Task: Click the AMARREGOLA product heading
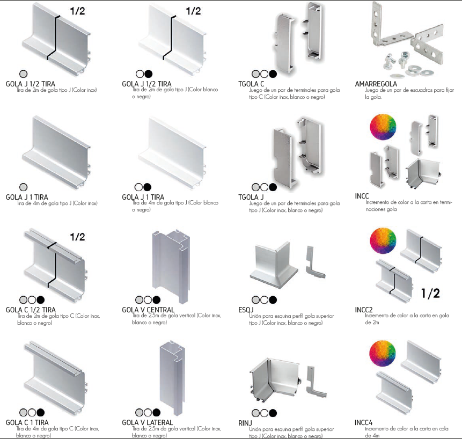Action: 376,84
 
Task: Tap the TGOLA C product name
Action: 251,84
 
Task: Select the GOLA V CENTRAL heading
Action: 148,310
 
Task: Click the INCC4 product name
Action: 364,422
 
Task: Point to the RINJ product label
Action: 245,423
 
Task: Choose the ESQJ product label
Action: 246,310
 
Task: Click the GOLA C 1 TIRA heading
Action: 27,422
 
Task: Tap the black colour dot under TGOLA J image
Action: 273,187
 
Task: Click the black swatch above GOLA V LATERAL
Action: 157,413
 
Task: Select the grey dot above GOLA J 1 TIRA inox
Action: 23,187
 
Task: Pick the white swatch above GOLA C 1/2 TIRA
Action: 32,300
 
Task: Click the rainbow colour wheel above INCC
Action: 383,127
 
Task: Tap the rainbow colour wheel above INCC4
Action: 383,354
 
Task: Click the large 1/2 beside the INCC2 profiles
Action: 430,293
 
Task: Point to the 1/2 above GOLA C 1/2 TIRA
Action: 77,237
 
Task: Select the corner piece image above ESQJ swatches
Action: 274,265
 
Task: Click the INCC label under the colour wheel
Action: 362,196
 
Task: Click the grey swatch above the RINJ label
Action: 256,413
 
